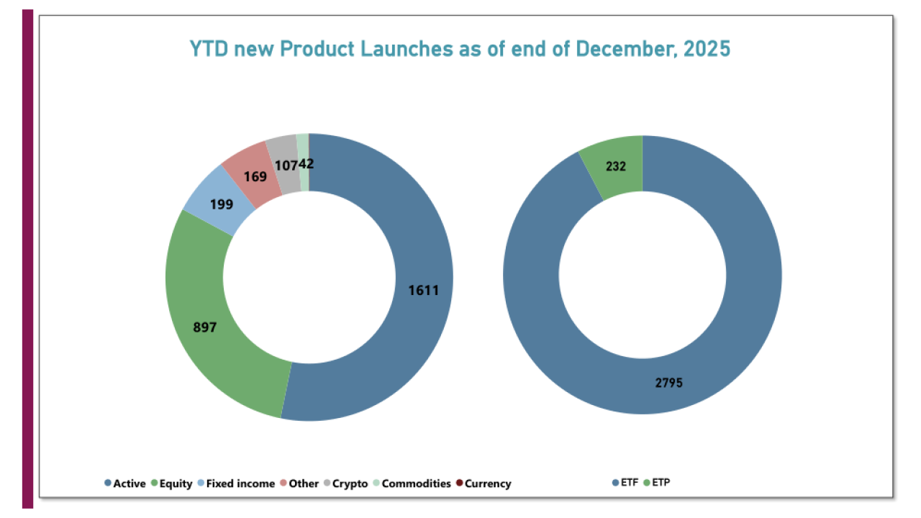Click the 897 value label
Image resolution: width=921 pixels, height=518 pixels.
[x=204, y=327]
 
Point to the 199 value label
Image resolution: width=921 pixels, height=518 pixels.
[x=222, y=204]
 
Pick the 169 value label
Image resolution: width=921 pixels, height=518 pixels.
[x=255, y=176]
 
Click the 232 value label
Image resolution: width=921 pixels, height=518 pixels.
[x=615, y=166]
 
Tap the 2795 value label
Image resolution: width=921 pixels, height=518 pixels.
[x=668, y=383]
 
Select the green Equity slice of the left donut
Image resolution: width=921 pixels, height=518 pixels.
[x=216, y=345]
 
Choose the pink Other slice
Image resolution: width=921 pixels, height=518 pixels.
[x=248, y=165]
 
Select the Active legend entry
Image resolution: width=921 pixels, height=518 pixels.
[x=125, y=483]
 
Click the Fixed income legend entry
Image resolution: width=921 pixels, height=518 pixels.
[x=235, y=483]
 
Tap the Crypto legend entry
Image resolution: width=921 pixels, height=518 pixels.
[x=345, y=483]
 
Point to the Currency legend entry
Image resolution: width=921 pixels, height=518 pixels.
[x=483, y=483]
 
